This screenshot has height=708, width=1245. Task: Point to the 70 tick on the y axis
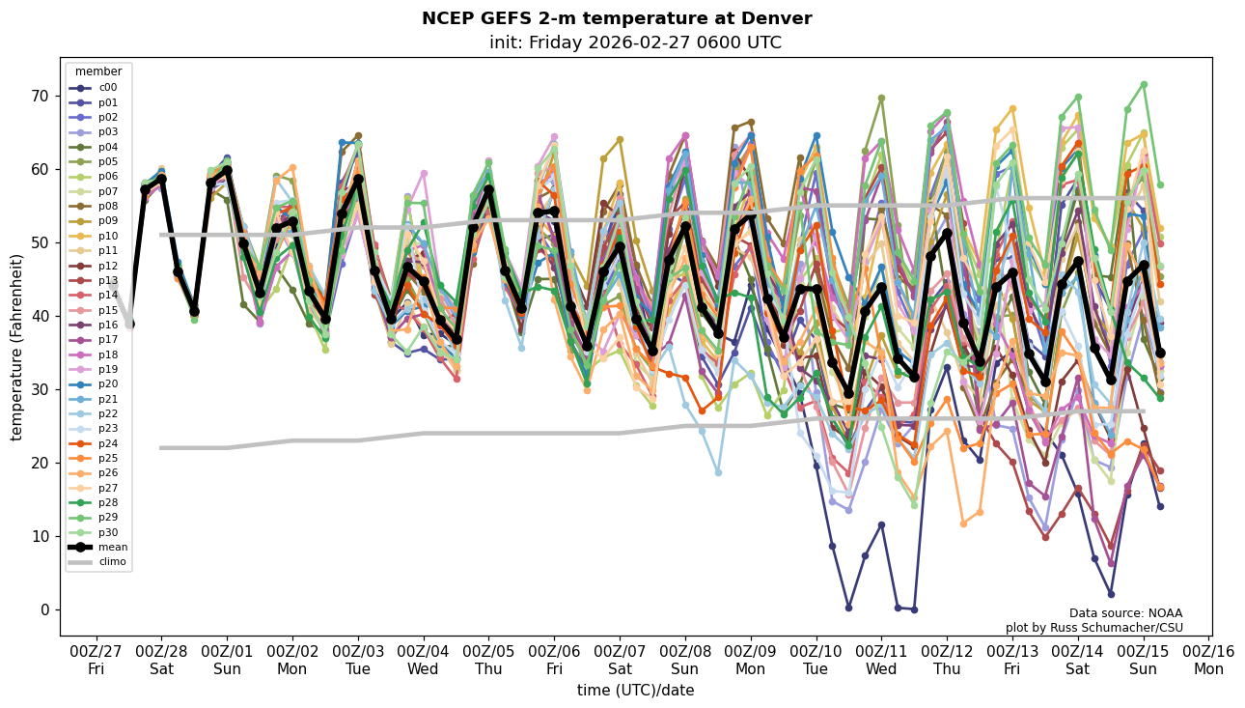point(41,97)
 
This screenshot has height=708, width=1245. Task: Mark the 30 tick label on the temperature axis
point(41,389)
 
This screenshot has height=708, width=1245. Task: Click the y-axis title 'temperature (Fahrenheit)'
point(17,347)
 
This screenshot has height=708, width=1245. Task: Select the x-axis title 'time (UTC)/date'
point(635,691)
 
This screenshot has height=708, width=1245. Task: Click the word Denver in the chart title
point(781,18)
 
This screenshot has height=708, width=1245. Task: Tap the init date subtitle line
point(635,42)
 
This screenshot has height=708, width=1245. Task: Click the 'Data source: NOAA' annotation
point(1125,613)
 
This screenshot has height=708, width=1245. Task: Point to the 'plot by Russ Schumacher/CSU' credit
point(1093,628)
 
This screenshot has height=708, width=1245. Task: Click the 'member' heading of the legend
point(98,71)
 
